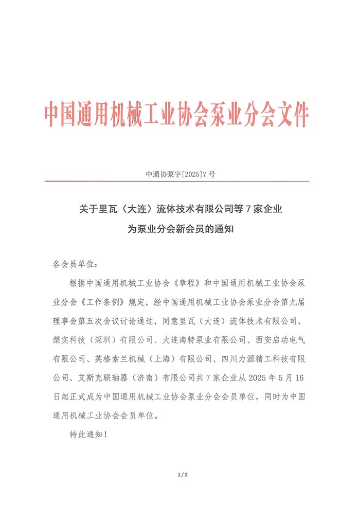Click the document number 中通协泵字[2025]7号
tap(181, 174)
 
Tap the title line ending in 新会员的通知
tap(181, 230)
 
